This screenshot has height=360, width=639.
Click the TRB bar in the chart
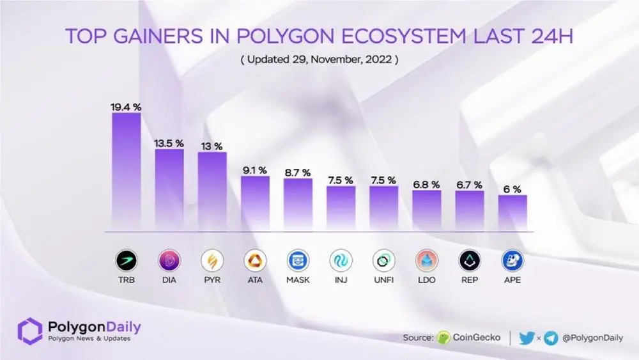(126, 171)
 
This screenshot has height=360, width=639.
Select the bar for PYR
(212, 191)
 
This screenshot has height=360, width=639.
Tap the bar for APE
(512, 212)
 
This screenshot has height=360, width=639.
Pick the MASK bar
(298, 204)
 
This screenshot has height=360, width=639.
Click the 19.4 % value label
(126, 107)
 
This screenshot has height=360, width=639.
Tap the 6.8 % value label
(426, 184)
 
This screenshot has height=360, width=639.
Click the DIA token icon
(169, 260)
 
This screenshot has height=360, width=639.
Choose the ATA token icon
(255, 260)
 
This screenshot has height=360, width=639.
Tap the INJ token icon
(341, 260)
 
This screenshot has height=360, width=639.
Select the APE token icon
(512, 260)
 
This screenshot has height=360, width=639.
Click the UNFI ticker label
(383, 280)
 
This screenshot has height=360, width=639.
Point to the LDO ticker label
(426, 280)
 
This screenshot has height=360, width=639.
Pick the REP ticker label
(469, 280)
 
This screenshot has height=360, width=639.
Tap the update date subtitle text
(319, 60)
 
